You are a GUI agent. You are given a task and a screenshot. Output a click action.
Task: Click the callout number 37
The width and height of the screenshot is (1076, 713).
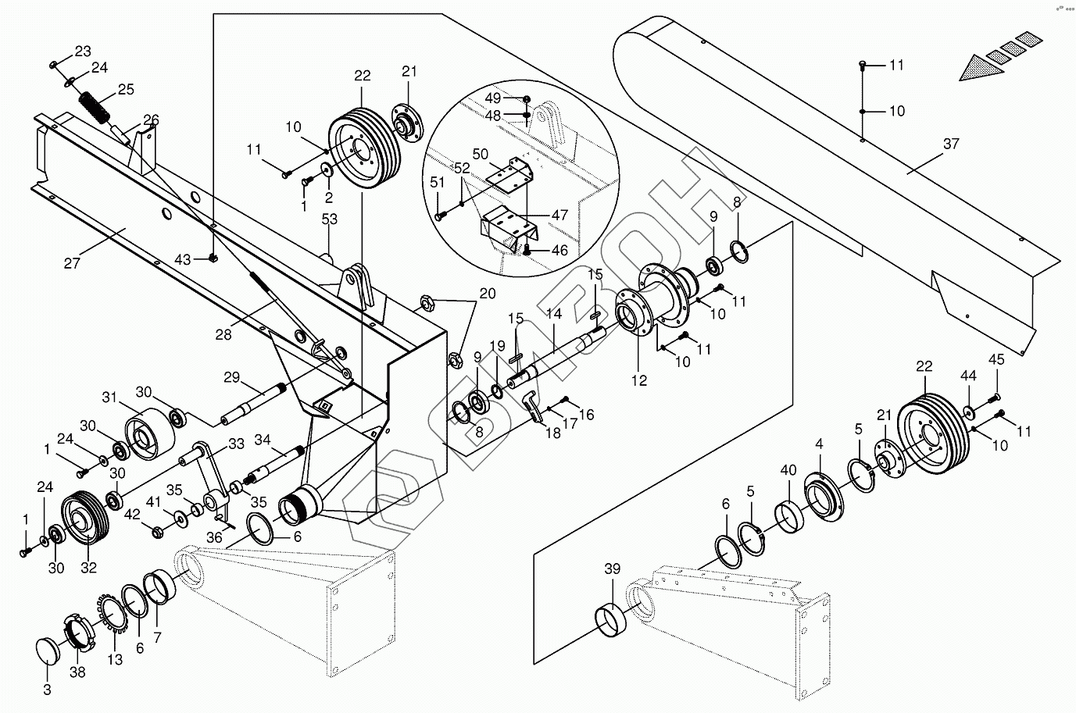[950, 144]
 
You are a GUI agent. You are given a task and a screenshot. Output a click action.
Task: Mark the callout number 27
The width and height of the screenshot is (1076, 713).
[73, 263]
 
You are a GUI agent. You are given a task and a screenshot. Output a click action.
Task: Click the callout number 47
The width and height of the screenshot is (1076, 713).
[559, 214]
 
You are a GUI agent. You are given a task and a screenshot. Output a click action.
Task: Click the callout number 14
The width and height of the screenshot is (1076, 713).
[554, 314]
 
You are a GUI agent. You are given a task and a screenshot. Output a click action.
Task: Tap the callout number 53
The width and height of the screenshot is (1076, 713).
[330, 219]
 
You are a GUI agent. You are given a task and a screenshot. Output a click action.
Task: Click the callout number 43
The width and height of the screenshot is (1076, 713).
[182, 258]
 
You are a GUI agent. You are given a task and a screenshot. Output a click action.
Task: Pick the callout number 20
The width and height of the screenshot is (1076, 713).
[487, 294]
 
